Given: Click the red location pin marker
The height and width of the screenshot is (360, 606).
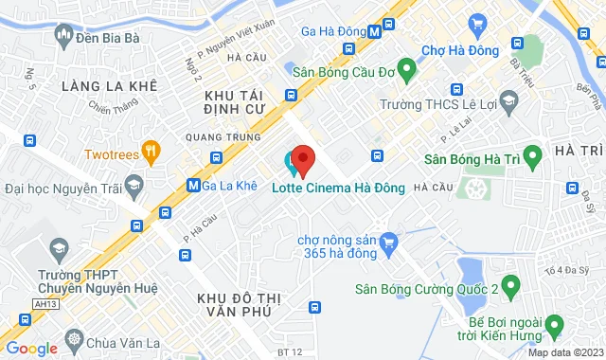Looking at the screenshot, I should point(302,158).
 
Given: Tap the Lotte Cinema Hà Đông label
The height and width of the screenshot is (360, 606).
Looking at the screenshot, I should point(338,187).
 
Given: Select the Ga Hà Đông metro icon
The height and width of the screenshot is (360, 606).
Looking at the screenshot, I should point(375,29).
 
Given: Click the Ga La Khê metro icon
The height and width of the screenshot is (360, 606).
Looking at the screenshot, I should point(193,185).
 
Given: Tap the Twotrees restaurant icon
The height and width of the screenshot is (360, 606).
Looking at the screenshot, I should point(150,152).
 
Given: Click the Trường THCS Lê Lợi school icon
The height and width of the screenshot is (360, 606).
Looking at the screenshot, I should point(508,101).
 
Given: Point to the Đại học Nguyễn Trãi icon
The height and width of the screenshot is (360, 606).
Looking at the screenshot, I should point(134,184).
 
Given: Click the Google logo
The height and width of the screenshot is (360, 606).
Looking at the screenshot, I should point(31,348).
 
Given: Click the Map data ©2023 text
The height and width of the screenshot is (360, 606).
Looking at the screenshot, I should point(562,353).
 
